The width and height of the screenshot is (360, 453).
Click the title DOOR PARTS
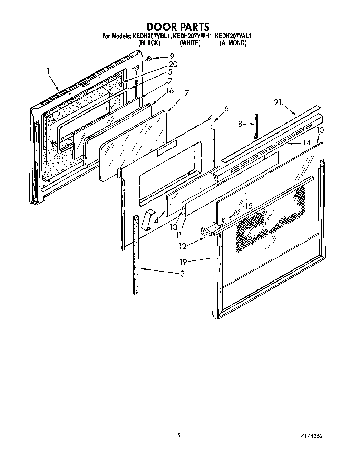tap(178, 27)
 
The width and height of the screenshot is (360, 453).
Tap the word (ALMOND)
tap(233, 43)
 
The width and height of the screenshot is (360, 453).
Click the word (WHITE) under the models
tap(190, 43)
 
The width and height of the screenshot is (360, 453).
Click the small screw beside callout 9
tap(149, 58)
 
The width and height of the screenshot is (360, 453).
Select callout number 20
tap(173, 64)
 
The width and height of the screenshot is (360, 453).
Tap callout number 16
tap(169, 91)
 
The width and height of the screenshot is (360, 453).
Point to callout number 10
tap(320, 130)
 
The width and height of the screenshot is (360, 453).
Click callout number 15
tap(249, 206)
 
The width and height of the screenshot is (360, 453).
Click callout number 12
tap(183, 246)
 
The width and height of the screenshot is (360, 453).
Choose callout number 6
tap(226, 109)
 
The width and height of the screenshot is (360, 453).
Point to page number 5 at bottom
tap(179, 435)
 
